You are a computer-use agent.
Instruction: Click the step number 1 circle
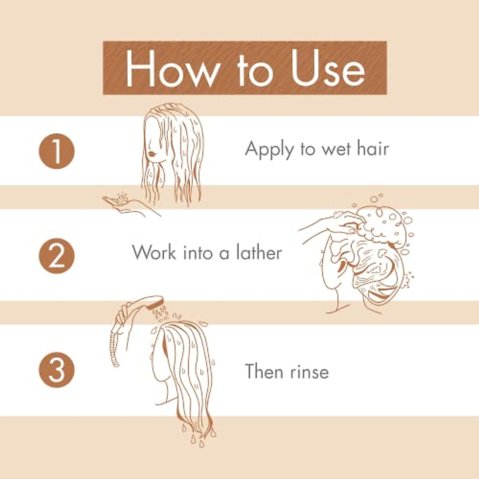57,151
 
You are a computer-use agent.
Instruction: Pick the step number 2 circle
57,256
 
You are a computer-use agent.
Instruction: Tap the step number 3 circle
57,370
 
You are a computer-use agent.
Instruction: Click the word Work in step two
154,253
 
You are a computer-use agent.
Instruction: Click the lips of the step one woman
151,153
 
